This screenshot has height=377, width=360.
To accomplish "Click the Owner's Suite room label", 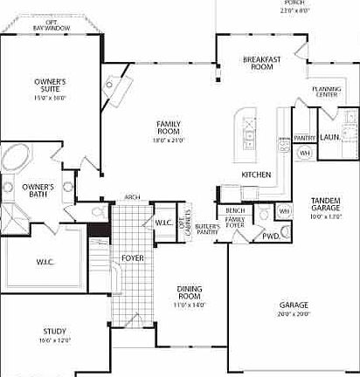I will [50, 86].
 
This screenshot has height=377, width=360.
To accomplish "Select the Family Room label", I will [168, 127].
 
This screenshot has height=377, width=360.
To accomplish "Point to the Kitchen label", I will [256, 175].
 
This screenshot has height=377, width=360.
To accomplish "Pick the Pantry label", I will [304, 138].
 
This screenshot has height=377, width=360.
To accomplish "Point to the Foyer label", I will [132, 258].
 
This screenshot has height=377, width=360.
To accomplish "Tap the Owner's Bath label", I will [38, 189].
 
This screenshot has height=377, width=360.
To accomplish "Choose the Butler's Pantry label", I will [207, 230].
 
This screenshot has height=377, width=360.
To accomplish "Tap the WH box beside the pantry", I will [305, 154].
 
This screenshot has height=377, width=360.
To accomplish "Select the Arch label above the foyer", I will [132, 197].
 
